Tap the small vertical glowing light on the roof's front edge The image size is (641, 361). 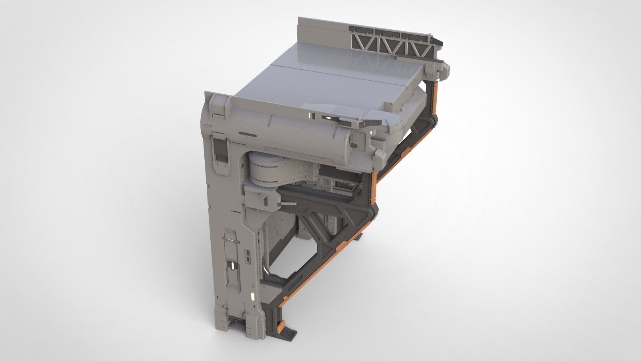310,116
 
